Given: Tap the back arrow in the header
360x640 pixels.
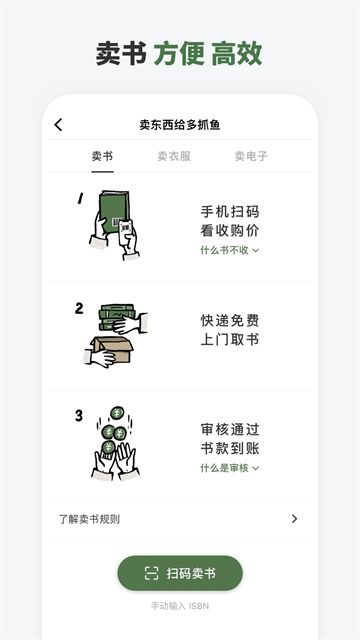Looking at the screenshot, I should pos(58,125).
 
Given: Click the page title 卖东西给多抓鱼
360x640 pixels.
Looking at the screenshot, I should pos(180,125).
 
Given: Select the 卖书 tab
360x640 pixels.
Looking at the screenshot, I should pos(102,156).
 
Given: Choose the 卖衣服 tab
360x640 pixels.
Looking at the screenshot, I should pos(173,156).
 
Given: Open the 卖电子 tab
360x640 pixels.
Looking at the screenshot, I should pos(251,156).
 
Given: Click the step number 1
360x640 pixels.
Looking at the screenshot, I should pos(79,198).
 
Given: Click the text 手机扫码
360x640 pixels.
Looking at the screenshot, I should pos(230,212).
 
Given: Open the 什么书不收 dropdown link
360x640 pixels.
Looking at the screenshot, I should pos(229,250).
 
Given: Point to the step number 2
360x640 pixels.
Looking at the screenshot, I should pos(79,308).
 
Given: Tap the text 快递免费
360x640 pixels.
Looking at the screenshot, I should pos(230,321).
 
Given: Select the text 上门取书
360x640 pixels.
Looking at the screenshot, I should pos(230,340).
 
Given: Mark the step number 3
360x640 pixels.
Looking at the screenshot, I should pos(79,415).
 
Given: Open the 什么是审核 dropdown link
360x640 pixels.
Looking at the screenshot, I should pos(229,467).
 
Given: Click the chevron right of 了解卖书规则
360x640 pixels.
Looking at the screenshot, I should pos(294,519).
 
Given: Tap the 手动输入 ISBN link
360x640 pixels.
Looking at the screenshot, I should pos(180,605).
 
